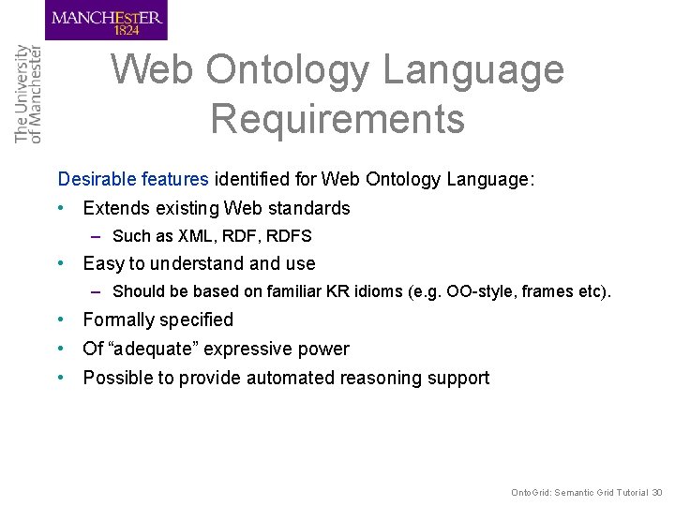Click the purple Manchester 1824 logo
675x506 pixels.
click(x=105, y=21)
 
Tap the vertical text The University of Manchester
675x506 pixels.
click(x=28, y=94)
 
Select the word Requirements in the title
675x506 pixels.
click(x=337, y=119)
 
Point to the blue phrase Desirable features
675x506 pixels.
click(x=134, y=178)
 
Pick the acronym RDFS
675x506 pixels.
click(x=289, y=236)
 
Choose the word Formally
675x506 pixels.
click(x=119, y=320)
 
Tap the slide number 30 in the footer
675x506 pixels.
click(x=657, y=492)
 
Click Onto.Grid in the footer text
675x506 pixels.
click(x=531, y=492)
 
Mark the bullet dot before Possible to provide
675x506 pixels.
click(x=62, y=378)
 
